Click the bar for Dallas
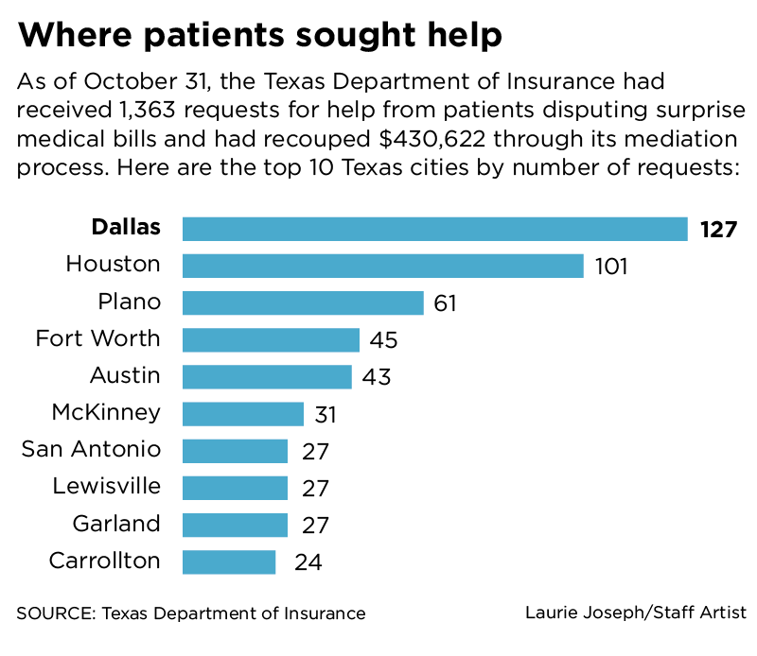[x=434, y=229]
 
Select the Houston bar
[x=382, y=266]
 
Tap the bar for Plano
[x=302, y=302]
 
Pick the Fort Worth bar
[x=271, y=340]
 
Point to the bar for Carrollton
[x=229, y=562]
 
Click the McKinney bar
[x=242, y=414]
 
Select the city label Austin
[x=125, y=375]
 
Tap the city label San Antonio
[x=91, y=449]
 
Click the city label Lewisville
[x=106, y=487]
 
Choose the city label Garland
[x=116, y=524]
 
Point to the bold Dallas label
[x=126, y=228]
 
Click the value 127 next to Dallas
[x=718, y=230]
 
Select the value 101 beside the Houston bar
[x=611, y=267]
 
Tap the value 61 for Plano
[x=446, y=303]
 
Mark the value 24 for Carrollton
[x=308, y=563]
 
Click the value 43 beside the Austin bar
[x=375, y=377]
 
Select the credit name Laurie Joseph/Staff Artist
[x=636, y=613]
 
